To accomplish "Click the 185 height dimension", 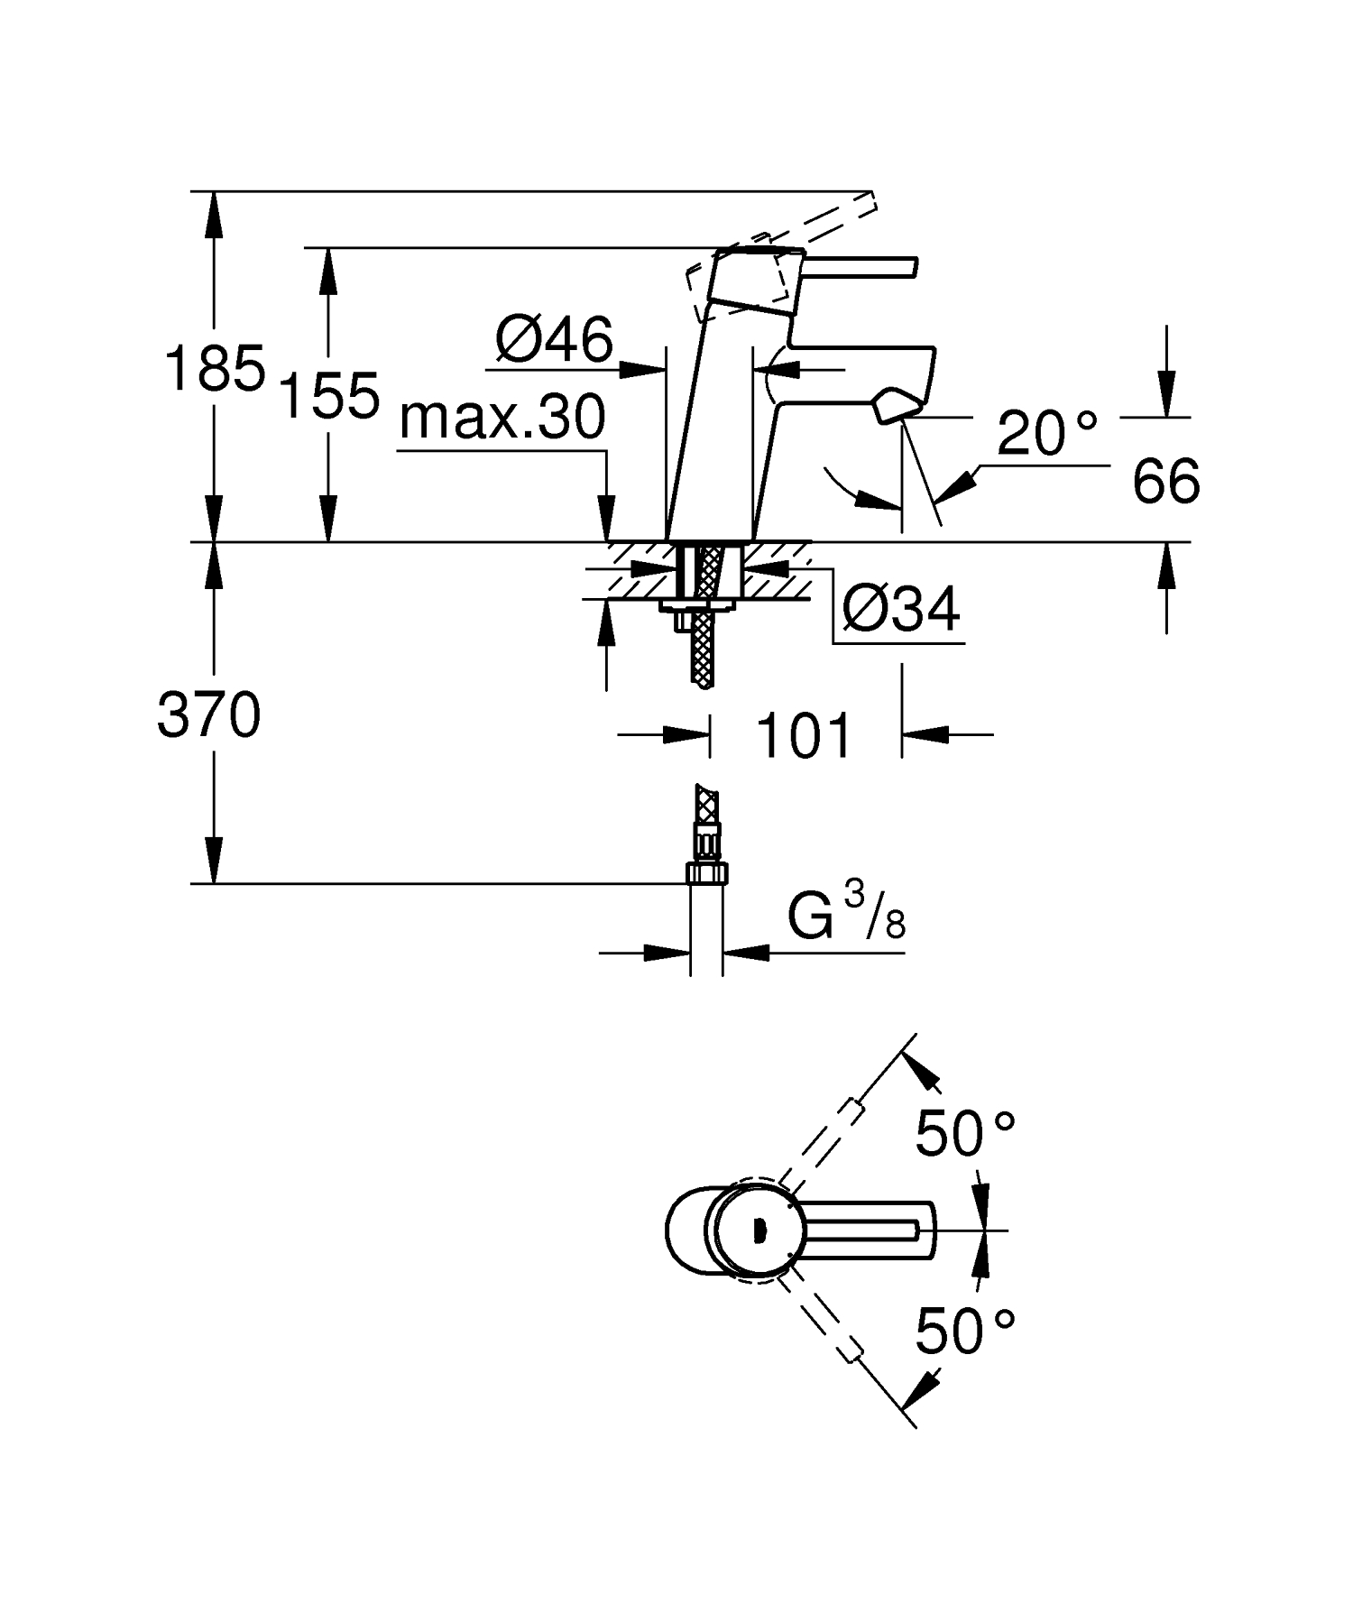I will pyautogui.click(x=214, y=368).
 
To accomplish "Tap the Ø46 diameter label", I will pyautogui.click(x=553, y=341).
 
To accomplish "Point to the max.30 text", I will pyautogui.click(x=502, y=419).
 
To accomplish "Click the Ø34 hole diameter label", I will pyautogui.click(x=899, y=611).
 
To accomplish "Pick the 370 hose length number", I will pyautogui.click(x=208, y=716).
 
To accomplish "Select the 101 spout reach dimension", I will pyautogui.click(x=804, y=735).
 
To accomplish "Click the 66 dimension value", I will pyautogui.click(x=1165, y=481).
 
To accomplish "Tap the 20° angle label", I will pyautogui.click(x=1046, y=434).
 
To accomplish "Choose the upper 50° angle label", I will pyautogui.click(x=964, y=1133).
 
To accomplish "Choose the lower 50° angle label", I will pyautogui.click(x=964, y=1332).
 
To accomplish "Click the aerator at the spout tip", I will pyautogui.click(x=892, y=404).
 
